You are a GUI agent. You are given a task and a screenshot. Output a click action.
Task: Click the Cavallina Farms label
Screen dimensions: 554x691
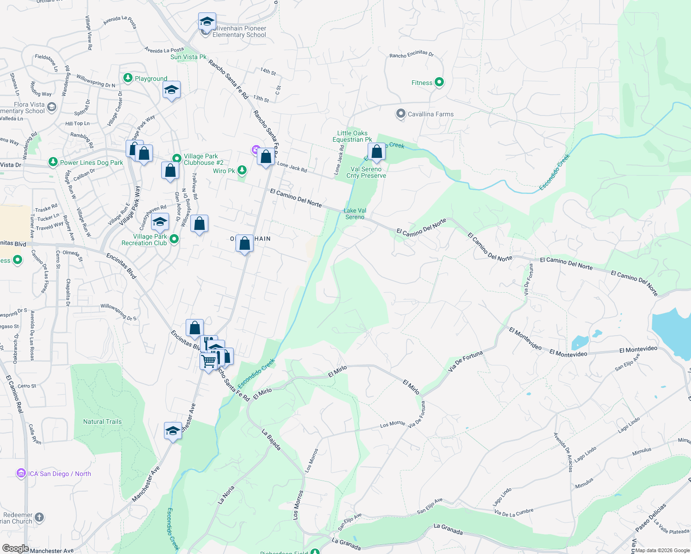coord(430,114)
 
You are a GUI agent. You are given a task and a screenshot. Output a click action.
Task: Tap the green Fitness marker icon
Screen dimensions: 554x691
coord(439,82)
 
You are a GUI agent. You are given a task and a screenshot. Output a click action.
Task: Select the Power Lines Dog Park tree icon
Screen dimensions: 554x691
coord(53,162)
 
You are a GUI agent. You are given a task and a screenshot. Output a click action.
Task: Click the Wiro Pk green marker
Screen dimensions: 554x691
coord(242,170)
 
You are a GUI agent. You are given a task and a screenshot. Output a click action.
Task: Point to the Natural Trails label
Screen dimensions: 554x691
coord(102,422)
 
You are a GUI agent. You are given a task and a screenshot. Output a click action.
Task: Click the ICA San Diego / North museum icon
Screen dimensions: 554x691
coord(21,473)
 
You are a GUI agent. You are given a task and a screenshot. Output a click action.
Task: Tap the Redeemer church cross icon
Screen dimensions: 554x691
coord(39,517)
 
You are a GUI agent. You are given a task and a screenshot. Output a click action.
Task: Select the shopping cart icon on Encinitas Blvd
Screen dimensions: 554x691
coord(209,361)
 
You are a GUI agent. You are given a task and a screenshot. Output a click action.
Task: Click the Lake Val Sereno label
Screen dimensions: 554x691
coord(355,214)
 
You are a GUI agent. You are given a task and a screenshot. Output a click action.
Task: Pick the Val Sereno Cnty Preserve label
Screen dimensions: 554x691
coord(366,172)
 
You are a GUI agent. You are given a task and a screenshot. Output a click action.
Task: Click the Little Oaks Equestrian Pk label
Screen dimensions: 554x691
coord(352,136)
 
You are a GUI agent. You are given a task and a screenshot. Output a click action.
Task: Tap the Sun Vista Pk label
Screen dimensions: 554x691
coord(188,57)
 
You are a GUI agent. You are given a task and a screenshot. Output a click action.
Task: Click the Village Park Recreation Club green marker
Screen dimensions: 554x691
coord(174,239)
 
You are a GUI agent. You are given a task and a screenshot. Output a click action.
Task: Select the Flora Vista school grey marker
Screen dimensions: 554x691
coord(52,108)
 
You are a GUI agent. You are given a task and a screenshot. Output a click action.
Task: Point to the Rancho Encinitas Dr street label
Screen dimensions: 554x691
coord(411,54)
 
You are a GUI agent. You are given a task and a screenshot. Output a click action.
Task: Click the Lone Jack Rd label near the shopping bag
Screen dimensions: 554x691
coord(292,167)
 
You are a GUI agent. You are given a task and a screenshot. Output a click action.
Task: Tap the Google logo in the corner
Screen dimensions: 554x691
coord(15,548)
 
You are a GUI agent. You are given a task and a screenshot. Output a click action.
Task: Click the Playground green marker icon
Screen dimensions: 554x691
coord(128,78)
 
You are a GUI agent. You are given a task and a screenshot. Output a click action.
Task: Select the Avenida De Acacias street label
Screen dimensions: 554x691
coord(564,452)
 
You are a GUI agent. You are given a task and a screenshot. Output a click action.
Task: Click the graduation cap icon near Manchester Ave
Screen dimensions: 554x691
coord(173,431)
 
